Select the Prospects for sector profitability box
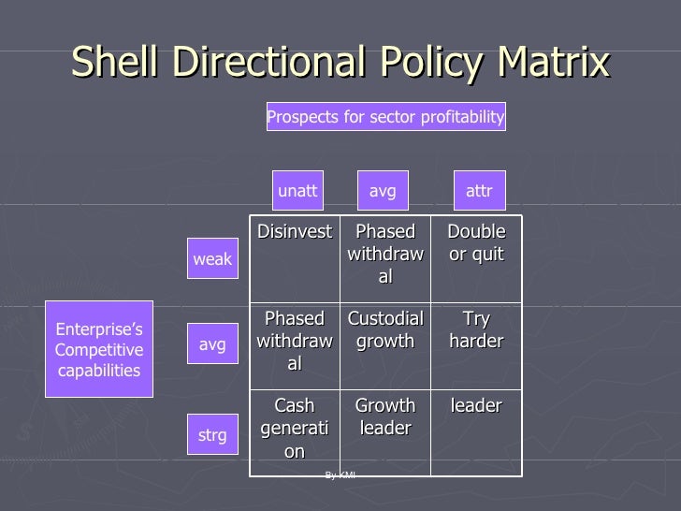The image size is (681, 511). click(385, 117)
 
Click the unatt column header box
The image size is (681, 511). click(297, 191)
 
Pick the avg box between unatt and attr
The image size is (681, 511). click(383, 191)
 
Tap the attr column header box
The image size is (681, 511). click(479, 191)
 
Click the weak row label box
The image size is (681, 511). click(212, 259)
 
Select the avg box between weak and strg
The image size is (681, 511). click(212, 344)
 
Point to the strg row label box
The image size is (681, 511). click(212, 435)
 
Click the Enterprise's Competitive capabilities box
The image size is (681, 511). click(99, 349)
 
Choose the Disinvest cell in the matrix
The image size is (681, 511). click(295, 232)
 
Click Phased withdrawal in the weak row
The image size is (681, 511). click(385, 254)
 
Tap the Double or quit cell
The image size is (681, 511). click(476, 243)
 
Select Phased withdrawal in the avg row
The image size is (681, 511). click(295, 342)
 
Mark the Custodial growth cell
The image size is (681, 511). click(385, 330)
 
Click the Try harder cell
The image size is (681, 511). click(476, 330)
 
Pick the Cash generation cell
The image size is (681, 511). click(295, 428)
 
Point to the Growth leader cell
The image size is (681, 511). click(385, 417)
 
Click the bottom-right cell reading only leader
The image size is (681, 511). click(476, 406)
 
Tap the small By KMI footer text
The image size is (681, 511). click(340, 475)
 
